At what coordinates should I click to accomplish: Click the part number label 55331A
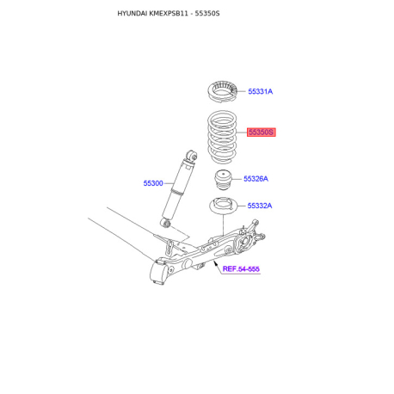point(260,91)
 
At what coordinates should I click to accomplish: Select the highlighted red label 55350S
point(260,132)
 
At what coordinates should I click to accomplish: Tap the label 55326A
point(255,179)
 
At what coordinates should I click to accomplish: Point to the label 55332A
point(260,206)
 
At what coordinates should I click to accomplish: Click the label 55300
point(152,183)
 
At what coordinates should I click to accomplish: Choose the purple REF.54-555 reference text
point(241,269)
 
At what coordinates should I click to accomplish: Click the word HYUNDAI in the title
point(137,15)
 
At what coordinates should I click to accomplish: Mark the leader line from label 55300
point(168,183)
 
